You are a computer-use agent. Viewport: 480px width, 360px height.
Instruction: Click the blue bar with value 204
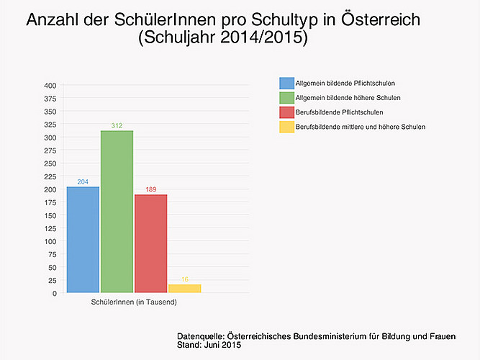(x=83, y=240)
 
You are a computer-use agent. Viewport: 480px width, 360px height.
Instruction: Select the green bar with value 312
(x=117, y=212)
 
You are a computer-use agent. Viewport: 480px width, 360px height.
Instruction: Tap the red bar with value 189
(x=150, y=243)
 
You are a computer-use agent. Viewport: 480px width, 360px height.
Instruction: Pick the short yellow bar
(x=184, y=289)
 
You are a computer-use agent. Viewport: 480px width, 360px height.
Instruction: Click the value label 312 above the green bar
(x=117, y=126)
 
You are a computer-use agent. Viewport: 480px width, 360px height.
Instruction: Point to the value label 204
(x=83, y=182)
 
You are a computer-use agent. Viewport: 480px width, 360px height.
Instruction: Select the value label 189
(x=150, y=189)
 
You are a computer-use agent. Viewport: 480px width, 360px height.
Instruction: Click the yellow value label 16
(x=185, y=279)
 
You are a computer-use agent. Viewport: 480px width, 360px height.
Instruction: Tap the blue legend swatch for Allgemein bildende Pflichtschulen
(x=286, y=84)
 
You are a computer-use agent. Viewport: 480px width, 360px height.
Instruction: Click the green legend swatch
(x=286, y=98)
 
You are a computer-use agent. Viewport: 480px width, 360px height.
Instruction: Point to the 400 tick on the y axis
(x=50, y=86)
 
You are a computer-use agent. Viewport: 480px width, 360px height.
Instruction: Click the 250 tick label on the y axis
(x=50, y=163)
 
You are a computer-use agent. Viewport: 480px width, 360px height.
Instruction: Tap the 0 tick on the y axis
(x=54, y=293)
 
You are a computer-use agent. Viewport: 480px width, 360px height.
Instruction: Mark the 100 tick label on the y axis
(x=50, y=241)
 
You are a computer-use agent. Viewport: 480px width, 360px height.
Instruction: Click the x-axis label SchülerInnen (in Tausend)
(x=134, y=302)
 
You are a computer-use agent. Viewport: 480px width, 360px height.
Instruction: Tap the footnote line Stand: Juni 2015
(x=209, y=346)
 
